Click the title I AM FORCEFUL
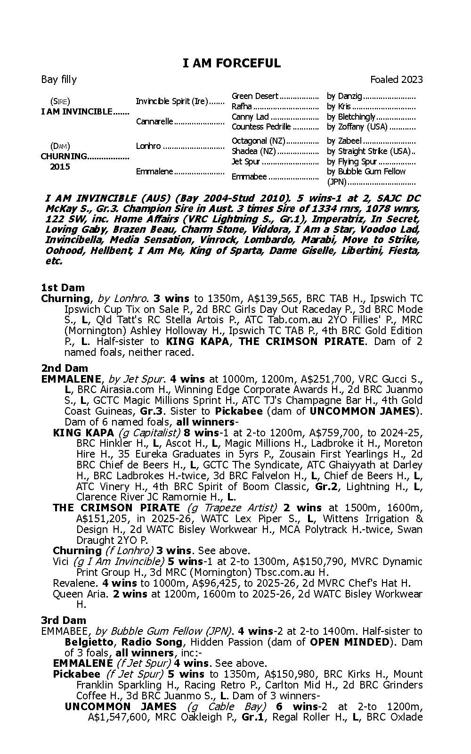pos(231,63)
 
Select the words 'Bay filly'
pos(59,79)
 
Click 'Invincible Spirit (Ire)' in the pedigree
pos(172,101)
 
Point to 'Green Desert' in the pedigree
pos(255,96)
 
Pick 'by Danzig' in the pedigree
pos(344,96)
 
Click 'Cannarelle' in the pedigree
pos(154,122)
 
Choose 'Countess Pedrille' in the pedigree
pos(261,127)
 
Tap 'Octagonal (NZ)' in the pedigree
pos(259,141)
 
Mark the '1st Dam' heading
pos(63,287)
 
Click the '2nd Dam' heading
pos(65,368)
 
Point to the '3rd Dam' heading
pos(64,620)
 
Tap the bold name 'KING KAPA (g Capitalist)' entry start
pos(83,433)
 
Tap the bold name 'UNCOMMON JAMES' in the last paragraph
pos(121,706)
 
